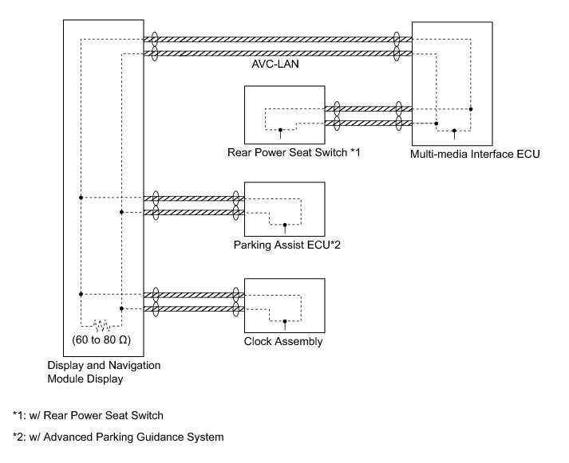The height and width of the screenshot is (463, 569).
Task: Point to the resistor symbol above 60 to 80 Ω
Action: pos(101,325)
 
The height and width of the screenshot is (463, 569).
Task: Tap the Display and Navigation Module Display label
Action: pos(104,371)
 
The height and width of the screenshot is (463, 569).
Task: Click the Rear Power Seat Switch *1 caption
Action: pos(294,151)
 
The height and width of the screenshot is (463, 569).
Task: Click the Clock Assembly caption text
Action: pos(283,342)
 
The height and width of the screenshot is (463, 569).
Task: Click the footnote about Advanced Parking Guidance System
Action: pos(118,437)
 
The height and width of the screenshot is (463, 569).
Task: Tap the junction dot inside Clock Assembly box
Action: pos(286,321)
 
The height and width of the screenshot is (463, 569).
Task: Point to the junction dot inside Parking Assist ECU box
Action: pos(286,226)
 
